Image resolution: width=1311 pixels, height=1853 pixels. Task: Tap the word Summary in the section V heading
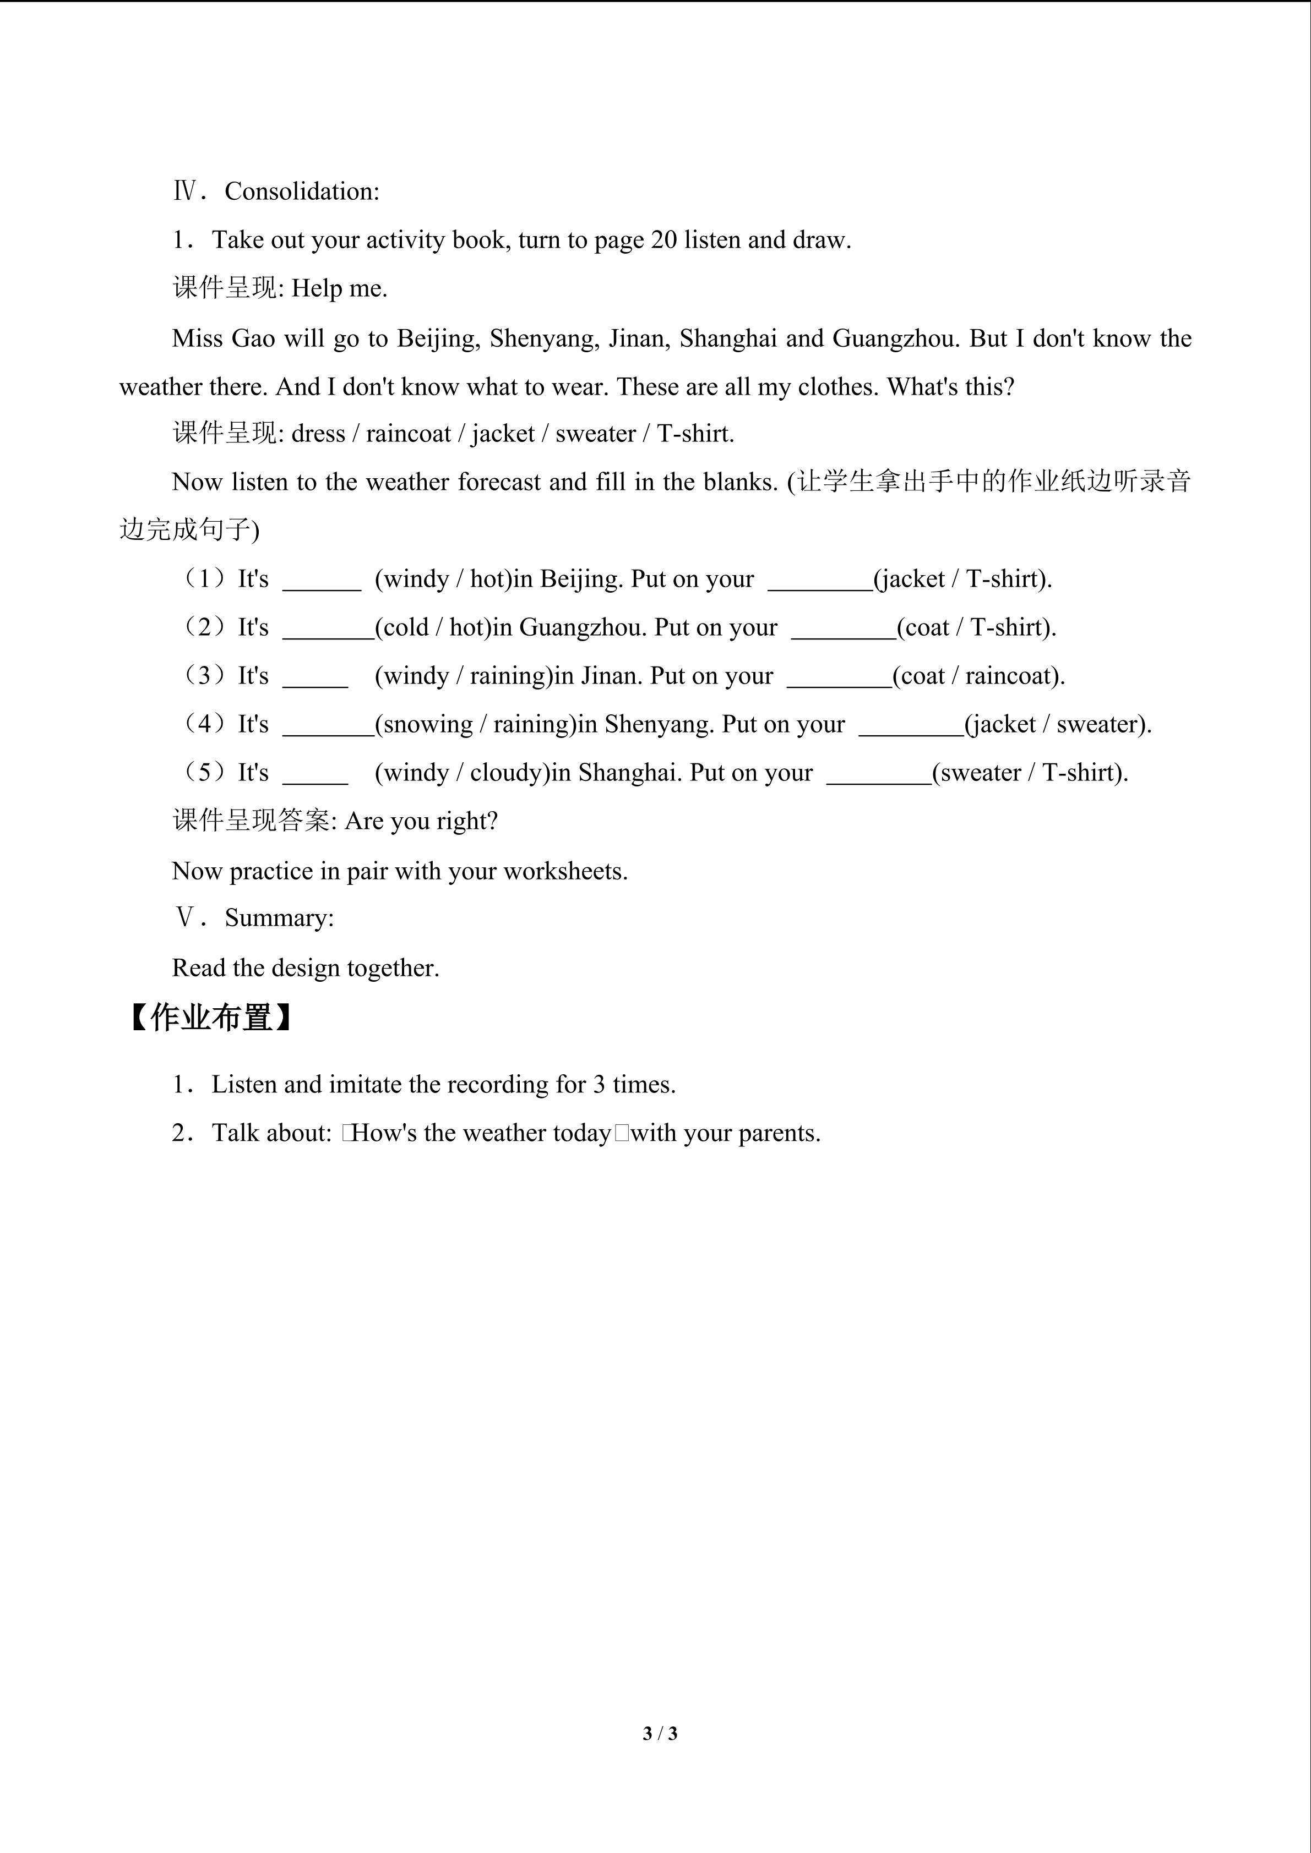click(277, 919)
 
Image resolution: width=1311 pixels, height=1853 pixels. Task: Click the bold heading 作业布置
click(211, 1018)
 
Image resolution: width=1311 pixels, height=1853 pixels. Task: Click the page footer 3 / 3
click(660, 1732)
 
